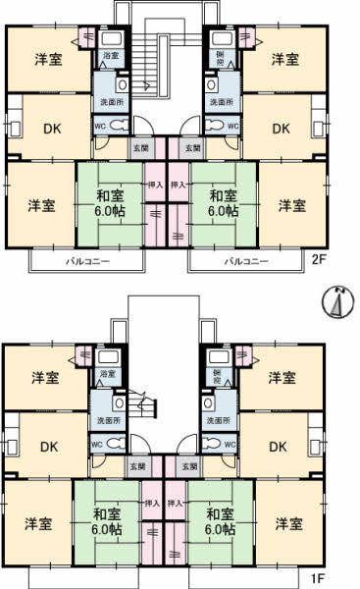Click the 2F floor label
coord(318,260)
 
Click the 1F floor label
coord(318,580)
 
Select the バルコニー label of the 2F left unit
coord(86,262)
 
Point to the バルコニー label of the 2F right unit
coord(245,262)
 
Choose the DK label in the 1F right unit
coord(278,447)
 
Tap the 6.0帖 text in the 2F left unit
coord(107,211)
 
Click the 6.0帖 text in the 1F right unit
coord(219,528)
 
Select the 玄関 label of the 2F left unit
coord(141,148)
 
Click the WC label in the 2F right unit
coord(232,126)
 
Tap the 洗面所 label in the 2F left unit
coord(108,103)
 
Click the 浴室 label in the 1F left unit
coord(108,375)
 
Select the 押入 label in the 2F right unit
coord(180,184)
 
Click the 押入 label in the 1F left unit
coord(152,503)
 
